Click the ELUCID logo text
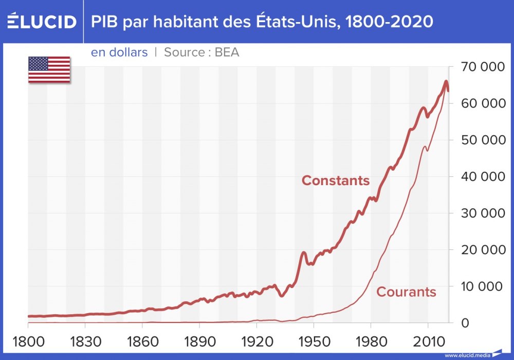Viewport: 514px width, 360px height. point(42,22)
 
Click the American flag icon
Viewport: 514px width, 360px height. point(49,69)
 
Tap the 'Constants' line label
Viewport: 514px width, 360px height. point(336,181)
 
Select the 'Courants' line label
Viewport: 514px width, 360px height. point(406,292)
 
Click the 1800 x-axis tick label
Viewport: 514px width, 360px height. point(28,341)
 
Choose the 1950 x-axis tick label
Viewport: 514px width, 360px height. point(314,341)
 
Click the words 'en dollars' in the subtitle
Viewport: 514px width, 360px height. point(119,52)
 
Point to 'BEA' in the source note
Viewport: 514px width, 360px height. point(227,52)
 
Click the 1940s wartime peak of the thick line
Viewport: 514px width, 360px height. point(303,253)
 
